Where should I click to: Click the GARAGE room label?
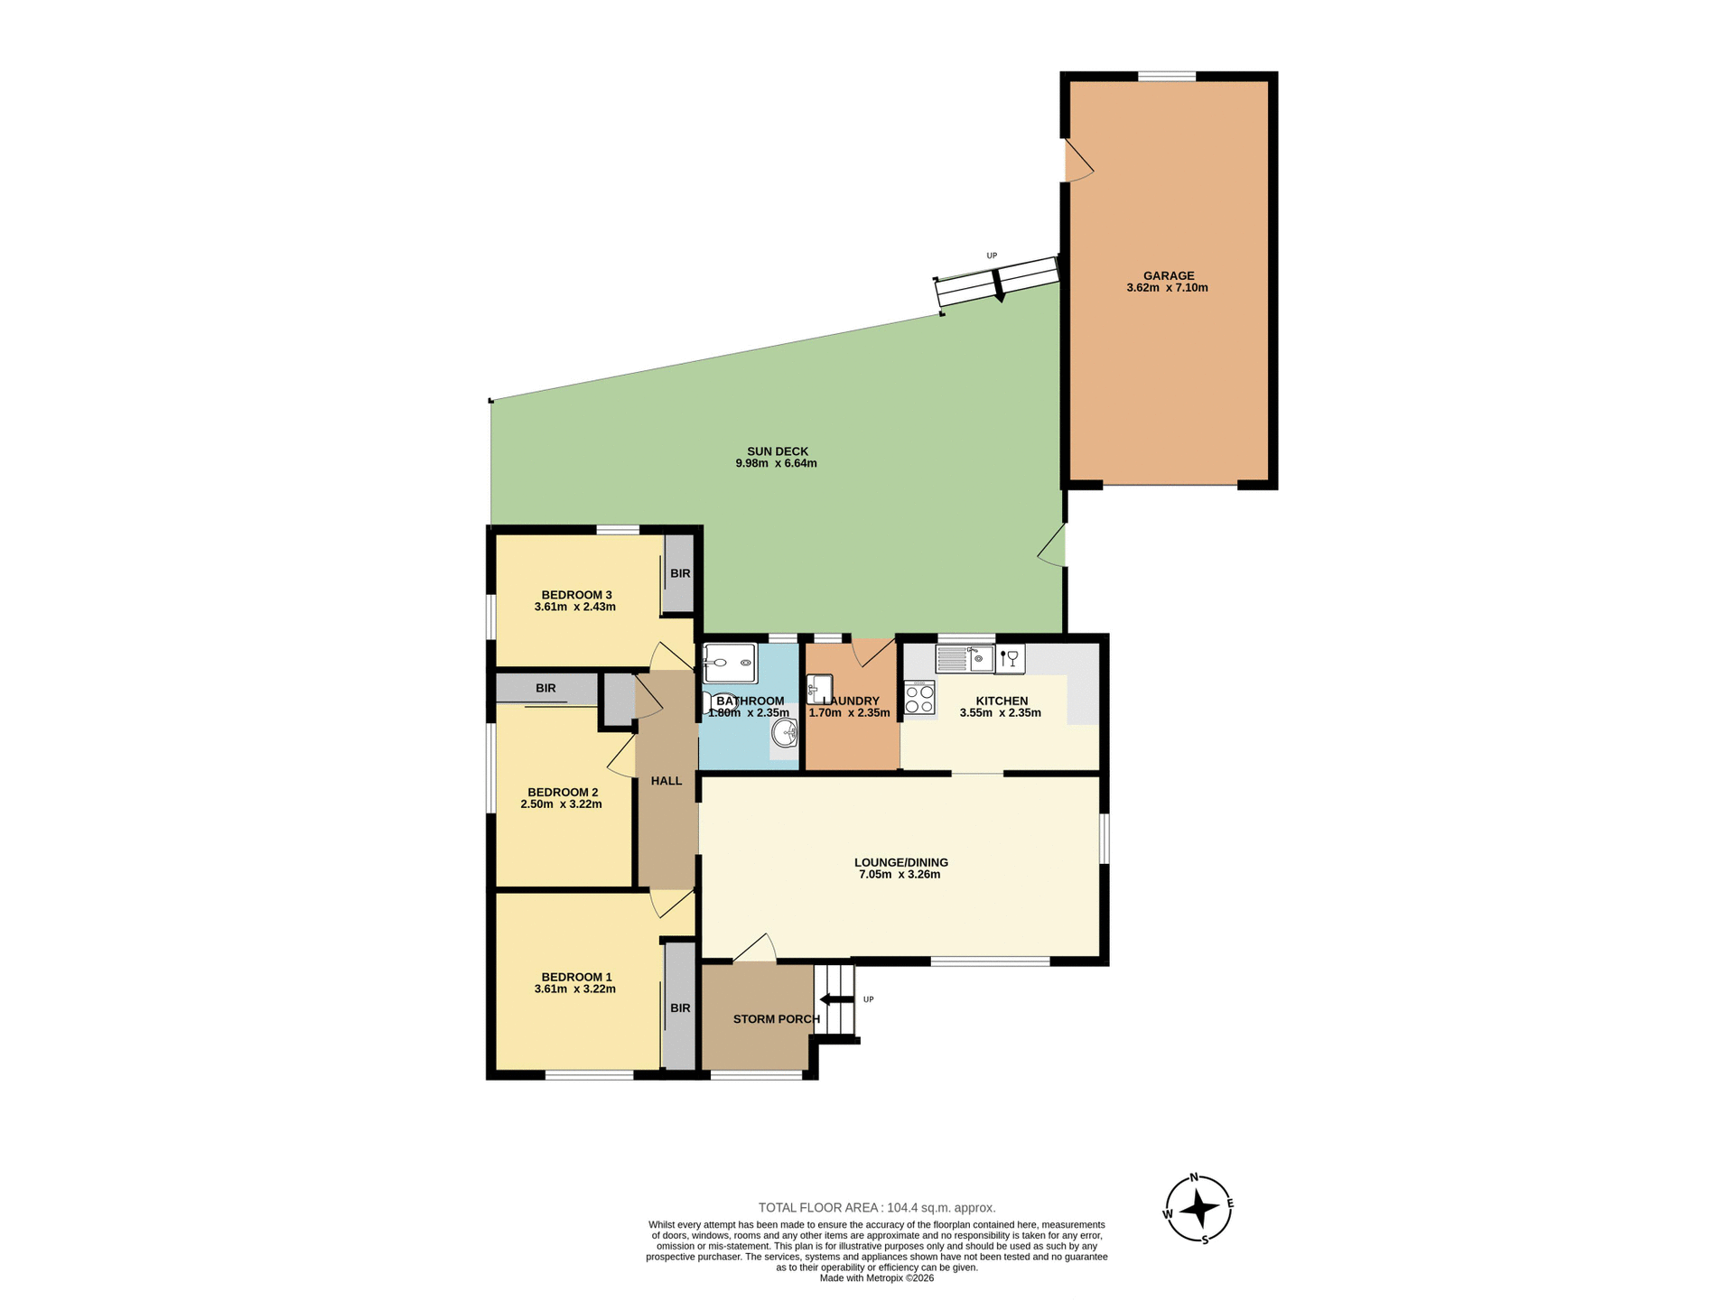click(x=1169, y=276)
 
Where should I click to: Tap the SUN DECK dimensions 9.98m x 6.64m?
click(x=776, y=464)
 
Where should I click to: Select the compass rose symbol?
click(x=1198, y=1209)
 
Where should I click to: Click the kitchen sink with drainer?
click(x=965, y=659)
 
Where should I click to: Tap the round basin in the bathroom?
click(x=784, y=734)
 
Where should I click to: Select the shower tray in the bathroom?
click(x=730, y=664)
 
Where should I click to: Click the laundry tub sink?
click(x=819, y=690)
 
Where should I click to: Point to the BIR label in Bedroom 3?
click(x=680, y=574)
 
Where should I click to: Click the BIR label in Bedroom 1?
click(x=680, y=1008)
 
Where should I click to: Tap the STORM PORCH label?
click(x=776, y=1019)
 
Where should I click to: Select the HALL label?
click(x=667, y=781)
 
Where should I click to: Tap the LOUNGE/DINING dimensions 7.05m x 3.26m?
click(x=900, y=875)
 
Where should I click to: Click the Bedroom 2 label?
click(x=563, y=793)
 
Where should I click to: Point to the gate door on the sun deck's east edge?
click(x=1053, y=546)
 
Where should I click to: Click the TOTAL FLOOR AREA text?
click(x=876, y=1208)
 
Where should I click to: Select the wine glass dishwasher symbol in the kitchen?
click(x=1010, y=659)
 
